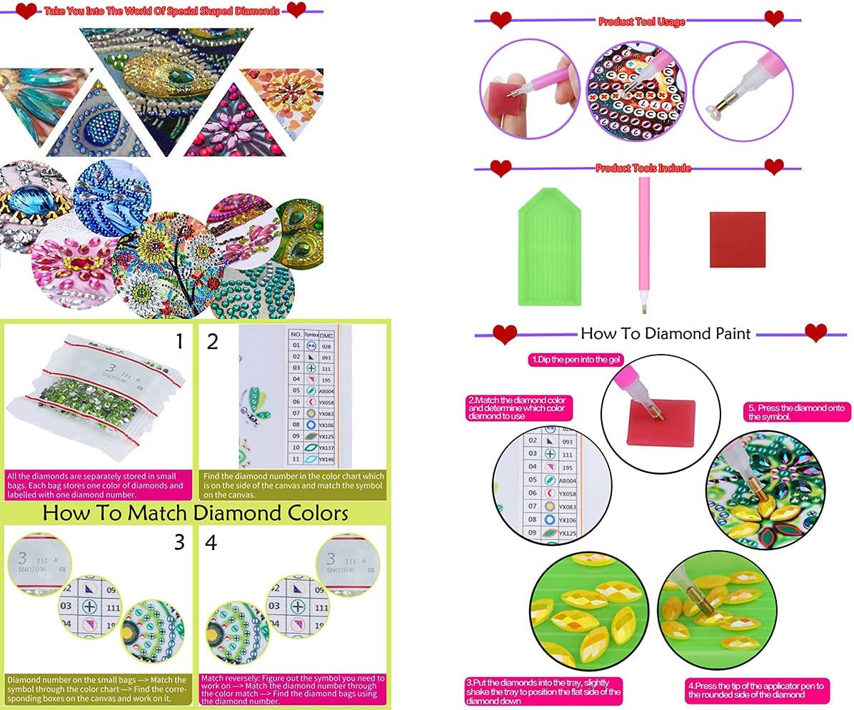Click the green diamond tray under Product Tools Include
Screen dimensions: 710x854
click(x=549, y=250)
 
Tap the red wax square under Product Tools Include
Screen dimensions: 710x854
click(x=737, y=239)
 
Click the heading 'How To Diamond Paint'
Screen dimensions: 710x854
click(x=665, y=333)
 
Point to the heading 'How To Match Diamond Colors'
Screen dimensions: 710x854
click(x=195, y=513)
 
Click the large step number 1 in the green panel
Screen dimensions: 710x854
click(x=179, y=342)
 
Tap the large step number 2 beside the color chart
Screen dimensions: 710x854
click(x=212, y=342)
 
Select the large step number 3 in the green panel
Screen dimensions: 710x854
click(x=179, y=543)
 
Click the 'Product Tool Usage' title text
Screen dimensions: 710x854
click(x=641, y=21)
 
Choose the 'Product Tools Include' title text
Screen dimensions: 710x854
click(x=643, y=168)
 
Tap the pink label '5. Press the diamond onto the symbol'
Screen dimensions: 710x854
click(x=798, y=412)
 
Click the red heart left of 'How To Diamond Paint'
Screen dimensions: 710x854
click(x=506, y=333)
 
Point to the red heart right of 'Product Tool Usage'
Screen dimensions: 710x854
click(x=774, y=18)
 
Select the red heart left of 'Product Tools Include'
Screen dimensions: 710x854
click(x=501, y=168)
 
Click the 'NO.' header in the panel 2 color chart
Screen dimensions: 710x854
click(x=296, y=334)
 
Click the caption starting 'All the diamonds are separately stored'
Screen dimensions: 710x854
click(x=96, y=485)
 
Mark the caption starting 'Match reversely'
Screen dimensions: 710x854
click(x=293, y=688)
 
